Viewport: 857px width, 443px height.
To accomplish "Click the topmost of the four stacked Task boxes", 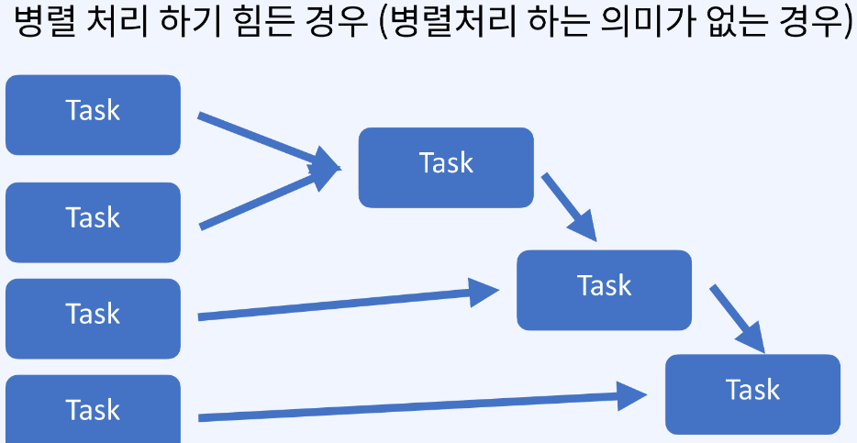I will pyautogui.click(x=93, y=115).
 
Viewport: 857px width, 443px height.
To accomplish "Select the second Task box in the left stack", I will pyautogui.click(x=93, y=221).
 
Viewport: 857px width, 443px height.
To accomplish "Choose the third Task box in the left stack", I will pyautogui.click(x=93, y=317).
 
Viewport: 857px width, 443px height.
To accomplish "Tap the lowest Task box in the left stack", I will pyautogui.click(x=93, y=410).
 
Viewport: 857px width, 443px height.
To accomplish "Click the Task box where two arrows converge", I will pyautogui.click(x=445, y=167).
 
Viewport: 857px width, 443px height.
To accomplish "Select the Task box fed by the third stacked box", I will pyautogui.click(x=604, y=289).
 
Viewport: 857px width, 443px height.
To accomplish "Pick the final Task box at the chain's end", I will pyautogui.click(x=752, y=393).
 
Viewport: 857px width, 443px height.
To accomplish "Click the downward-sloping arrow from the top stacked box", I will pyautogui.click(x=266, y=141).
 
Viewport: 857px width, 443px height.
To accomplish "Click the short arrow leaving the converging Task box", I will pyautogui.click(x=568, y=206).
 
